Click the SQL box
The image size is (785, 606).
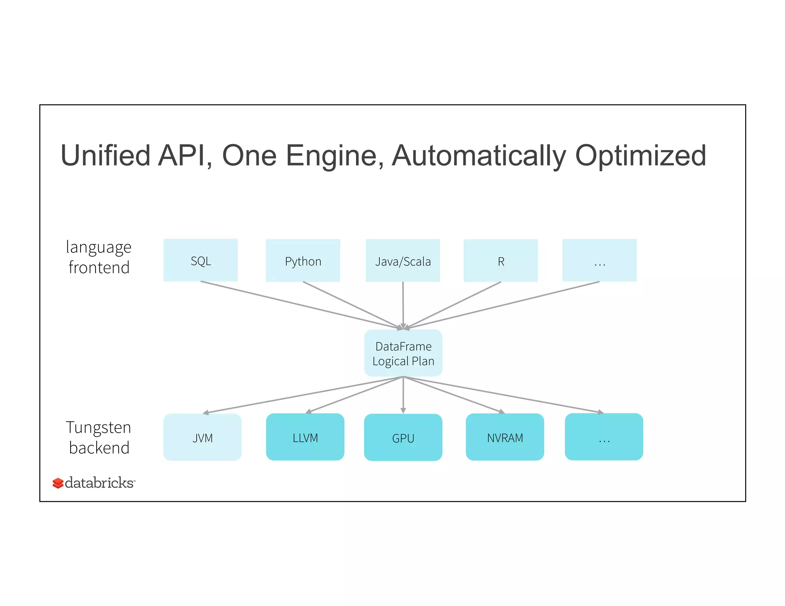200,260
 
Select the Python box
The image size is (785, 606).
303,260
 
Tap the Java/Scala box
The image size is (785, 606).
403,260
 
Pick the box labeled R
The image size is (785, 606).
501,260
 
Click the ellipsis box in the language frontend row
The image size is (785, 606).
599,260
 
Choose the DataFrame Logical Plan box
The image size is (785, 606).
403,353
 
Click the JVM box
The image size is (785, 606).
202,437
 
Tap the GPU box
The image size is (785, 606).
403,437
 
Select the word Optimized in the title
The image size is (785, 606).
640,156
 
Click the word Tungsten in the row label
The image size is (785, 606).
99,427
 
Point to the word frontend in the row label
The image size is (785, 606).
99,267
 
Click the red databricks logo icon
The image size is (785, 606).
58,483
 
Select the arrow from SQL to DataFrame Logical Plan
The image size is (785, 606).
299,305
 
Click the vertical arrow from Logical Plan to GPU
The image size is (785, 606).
403,395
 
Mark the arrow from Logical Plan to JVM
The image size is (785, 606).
303,395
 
